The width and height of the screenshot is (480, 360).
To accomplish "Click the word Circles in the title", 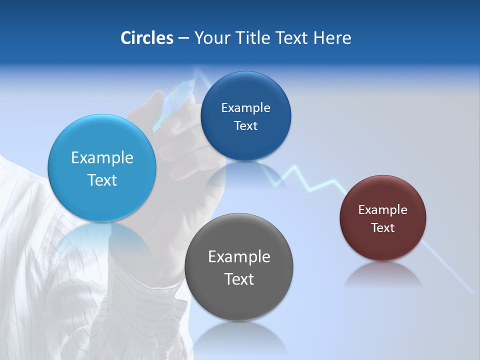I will click(147, 37).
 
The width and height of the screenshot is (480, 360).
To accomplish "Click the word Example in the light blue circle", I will click(102, 158).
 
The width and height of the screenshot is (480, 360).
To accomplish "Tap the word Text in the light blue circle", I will click(102, 180).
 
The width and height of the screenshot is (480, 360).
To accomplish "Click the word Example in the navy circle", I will click(245, 107).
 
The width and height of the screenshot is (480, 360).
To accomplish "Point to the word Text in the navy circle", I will click(245, 125).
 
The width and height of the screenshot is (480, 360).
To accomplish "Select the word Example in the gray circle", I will click(239, 256).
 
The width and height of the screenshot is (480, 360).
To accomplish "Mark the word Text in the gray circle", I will click(239, 279).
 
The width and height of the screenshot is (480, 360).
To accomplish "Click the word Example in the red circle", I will click(382, 209).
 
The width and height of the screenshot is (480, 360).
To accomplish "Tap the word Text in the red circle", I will click(382, 227).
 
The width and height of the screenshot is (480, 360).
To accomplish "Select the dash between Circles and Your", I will click(183, 38).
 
